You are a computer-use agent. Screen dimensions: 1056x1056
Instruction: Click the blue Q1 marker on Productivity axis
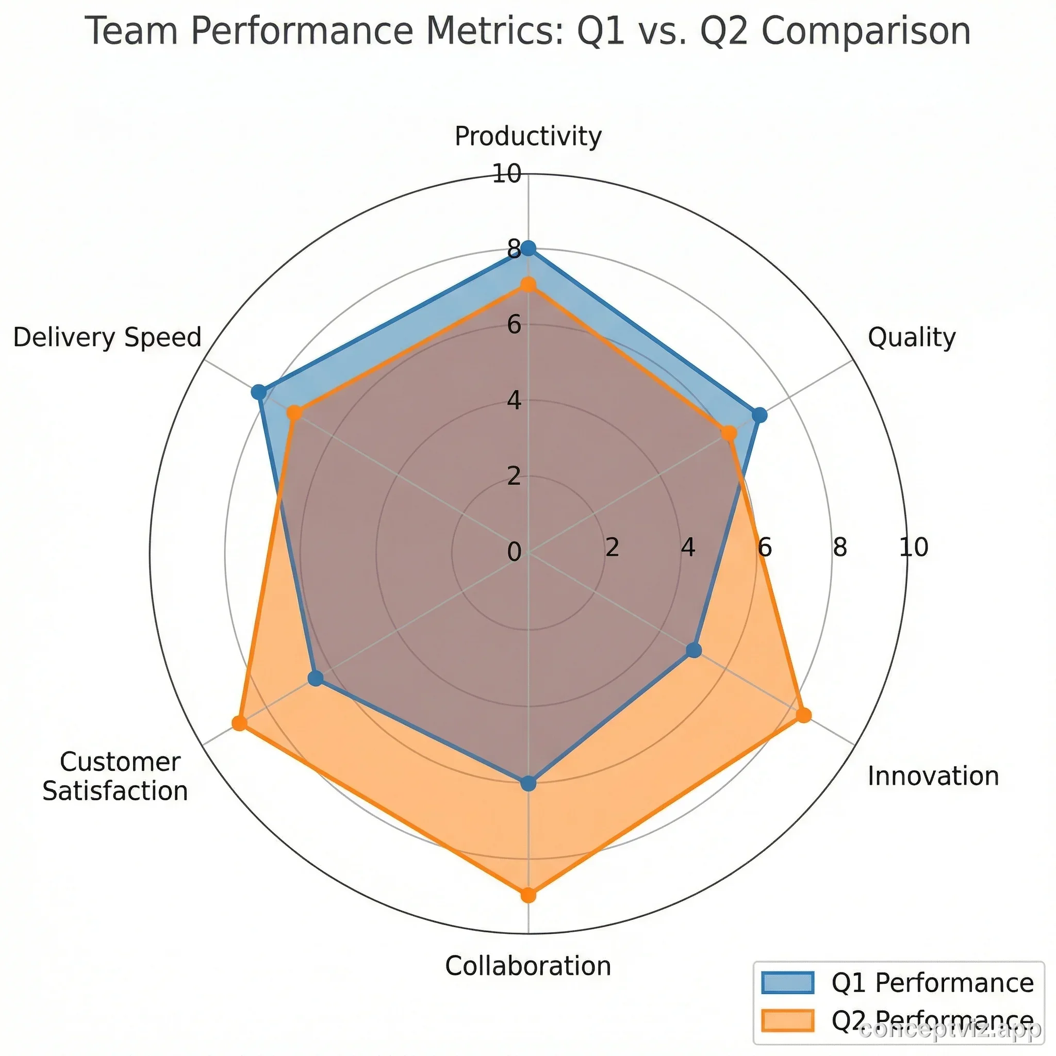528,249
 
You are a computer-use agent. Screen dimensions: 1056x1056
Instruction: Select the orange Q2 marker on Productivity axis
528,285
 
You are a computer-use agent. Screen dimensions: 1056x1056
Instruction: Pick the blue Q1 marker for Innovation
694,650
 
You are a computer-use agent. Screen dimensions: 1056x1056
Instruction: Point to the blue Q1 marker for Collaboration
528,784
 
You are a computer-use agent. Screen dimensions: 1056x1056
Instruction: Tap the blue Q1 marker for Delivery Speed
258,392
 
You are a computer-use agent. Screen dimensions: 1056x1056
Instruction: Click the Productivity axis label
528,136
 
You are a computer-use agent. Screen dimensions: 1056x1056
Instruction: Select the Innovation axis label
933,776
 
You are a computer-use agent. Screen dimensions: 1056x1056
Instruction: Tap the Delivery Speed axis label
108,337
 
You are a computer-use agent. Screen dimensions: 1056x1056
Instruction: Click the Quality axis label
912,337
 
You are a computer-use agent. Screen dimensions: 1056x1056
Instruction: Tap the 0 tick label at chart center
514,552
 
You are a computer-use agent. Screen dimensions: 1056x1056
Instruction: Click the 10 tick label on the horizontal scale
913,547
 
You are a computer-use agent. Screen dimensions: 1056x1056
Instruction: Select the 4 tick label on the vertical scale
514,401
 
